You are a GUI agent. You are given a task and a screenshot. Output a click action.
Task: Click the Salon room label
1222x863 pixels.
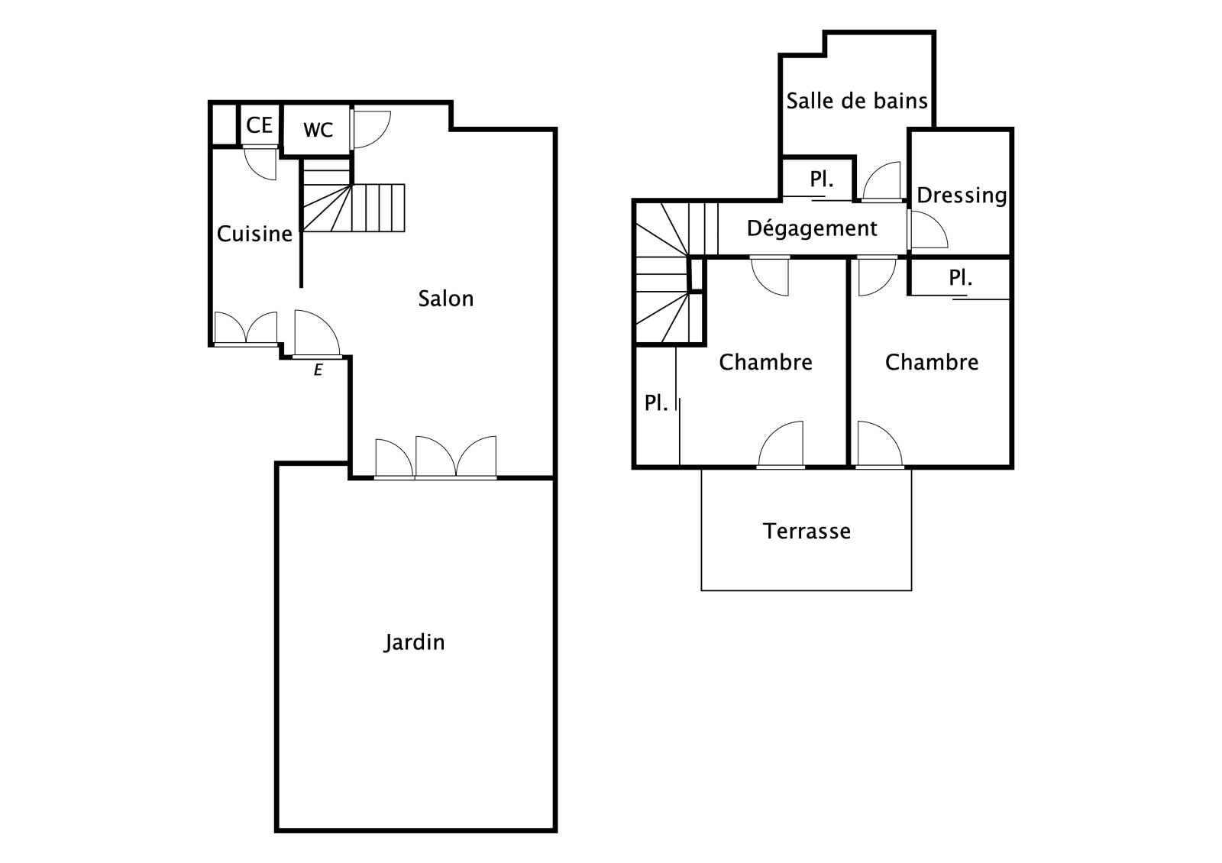[x=446, y=299]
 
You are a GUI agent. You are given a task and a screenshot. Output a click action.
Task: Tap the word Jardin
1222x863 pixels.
[x=414, y=642]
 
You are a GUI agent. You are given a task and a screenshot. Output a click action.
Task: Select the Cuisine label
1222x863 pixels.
[x=255, y=234]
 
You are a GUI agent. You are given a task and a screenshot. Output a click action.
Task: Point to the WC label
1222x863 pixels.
[x=318, y=130]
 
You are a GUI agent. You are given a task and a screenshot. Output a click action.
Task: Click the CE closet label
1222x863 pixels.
[x=259, y=125]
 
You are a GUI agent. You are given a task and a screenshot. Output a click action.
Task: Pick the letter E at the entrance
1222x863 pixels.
[x=318, y=370]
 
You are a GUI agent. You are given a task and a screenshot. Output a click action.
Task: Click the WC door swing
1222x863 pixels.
[x=371, y=130]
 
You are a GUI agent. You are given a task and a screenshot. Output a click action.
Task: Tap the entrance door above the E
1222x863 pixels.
[x=317, y=334]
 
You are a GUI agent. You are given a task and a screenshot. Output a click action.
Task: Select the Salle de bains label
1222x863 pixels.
[x=857, y=101]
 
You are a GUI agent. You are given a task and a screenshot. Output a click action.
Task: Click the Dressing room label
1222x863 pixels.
[x=962, y=196]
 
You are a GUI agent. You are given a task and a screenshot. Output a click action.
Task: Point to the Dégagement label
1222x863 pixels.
[x=812, y=228]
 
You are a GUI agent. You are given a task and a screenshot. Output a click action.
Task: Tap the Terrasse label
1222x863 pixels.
[x=807, y=531]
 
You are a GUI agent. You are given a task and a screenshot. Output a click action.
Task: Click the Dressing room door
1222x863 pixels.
[x=927, y=230]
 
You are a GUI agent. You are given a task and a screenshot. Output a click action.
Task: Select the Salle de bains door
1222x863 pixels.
[x=881, y=182]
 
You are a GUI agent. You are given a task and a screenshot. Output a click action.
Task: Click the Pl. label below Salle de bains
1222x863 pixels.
[x=822, y=179]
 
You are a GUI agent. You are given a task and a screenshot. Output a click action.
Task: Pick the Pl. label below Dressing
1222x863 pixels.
[x=960, y=278]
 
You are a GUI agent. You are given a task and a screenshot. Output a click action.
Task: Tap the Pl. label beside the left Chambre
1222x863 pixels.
[x=656, y=403]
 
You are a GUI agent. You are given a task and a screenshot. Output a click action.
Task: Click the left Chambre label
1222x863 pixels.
[x=765, y=362]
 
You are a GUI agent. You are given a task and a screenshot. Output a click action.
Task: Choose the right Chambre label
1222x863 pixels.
[x=932, y=362]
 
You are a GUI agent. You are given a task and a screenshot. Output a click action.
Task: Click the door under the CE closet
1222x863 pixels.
[x=260, y=163]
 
